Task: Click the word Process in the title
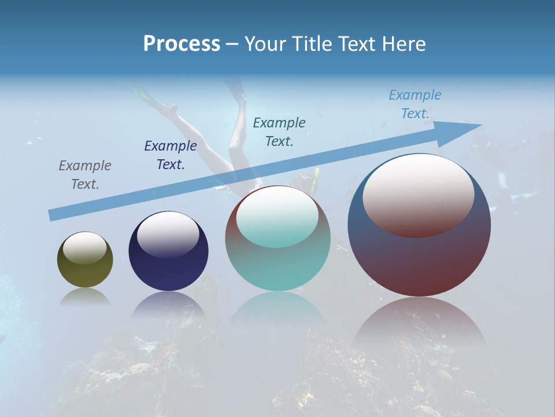(x=182, y=44)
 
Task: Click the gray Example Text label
(x=85, y=175)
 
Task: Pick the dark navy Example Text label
(x=171, y=155)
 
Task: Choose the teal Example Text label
(x=279, y=131)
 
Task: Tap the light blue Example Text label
(x=415, y=104)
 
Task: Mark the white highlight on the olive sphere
(x=85, y=248)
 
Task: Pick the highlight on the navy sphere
(x=168, y=233)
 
